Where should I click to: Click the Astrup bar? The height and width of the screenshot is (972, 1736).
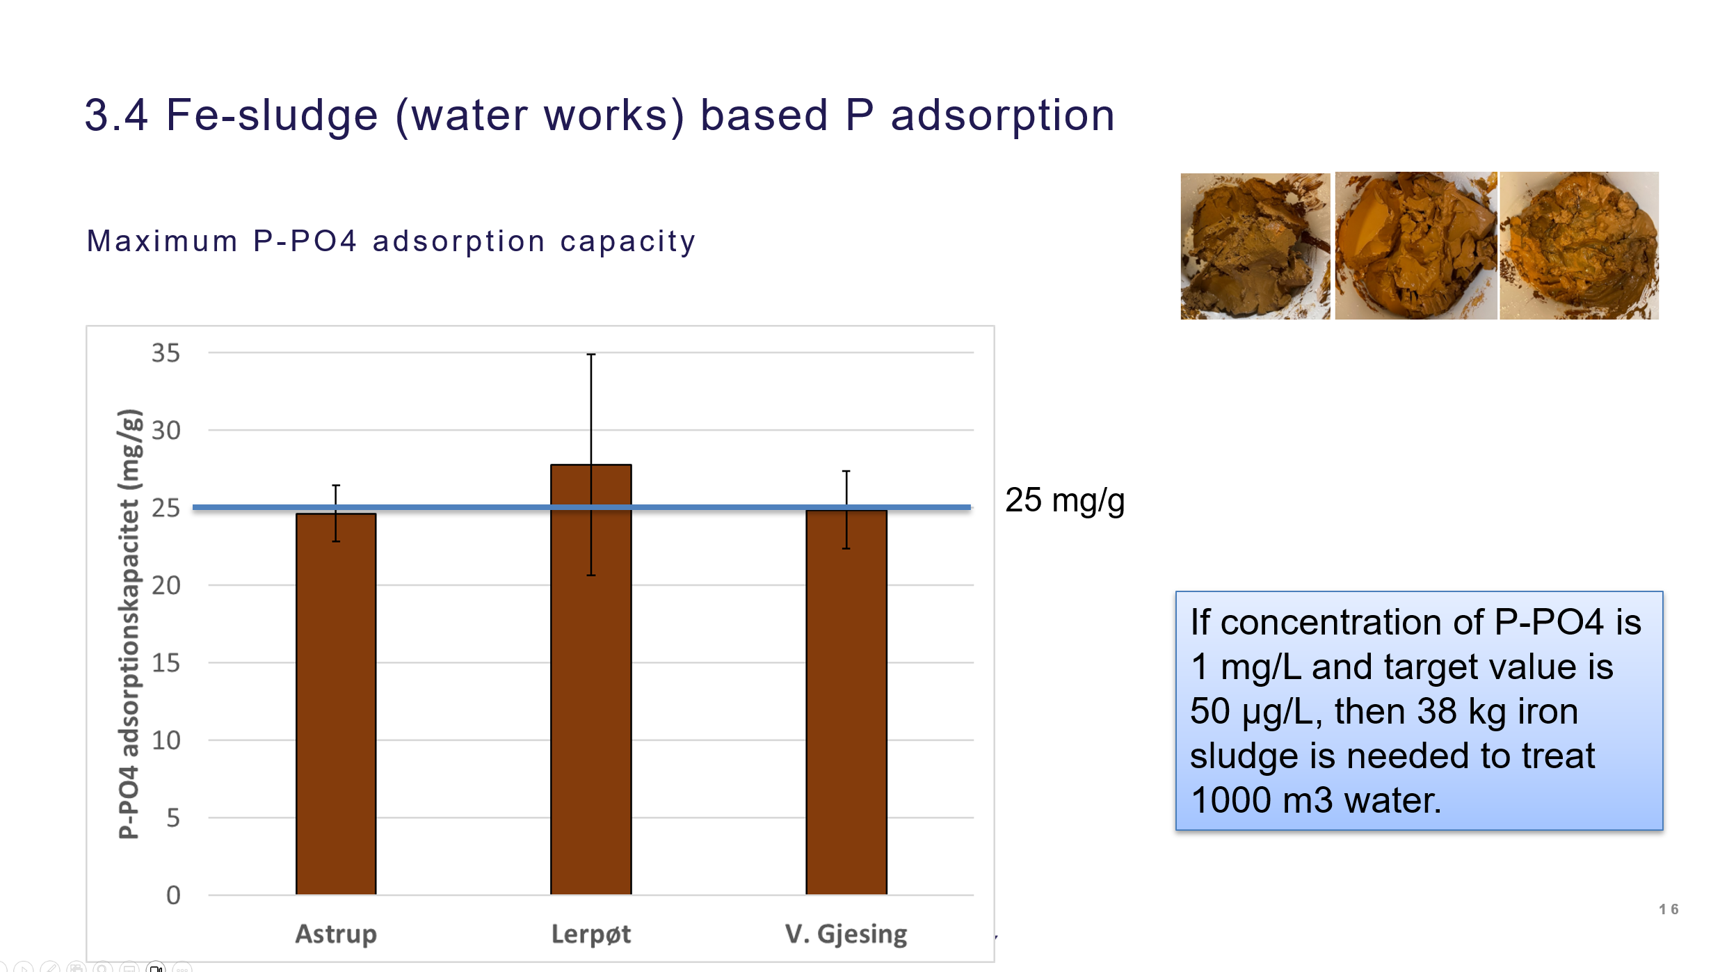(x=336, y=703)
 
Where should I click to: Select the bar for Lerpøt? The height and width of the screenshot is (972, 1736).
(x=591, y=679)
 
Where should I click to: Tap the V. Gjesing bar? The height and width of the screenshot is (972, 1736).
(x=846, y=702)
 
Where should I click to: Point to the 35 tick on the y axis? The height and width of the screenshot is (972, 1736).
(x=166, y=353)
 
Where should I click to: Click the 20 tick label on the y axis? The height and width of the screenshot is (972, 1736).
(x=166, y=586)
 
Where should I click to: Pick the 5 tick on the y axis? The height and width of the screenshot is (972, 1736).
(x=173, y=818)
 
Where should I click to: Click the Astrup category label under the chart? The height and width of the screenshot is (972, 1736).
(x=336, y=934)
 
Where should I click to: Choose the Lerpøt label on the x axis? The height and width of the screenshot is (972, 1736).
(x=591, y=934)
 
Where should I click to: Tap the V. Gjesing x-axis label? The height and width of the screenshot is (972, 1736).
(x=846, y=934)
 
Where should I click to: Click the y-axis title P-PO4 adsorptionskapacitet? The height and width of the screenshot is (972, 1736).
(x=130, y=624)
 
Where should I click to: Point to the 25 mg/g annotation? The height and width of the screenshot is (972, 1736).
(x=1065, y=500)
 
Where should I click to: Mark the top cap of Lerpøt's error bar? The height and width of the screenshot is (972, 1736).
(x=591, y=354)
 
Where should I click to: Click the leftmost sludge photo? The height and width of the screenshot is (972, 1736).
(x=1255, y=246)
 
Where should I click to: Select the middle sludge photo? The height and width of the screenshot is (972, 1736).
(x=1416, y=246)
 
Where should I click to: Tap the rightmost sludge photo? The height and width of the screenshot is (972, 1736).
(x=1579, y=246)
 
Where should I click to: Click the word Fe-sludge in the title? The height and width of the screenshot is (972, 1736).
(x=272, y=115)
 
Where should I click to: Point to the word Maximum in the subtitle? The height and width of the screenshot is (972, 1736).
(x=162, y=241)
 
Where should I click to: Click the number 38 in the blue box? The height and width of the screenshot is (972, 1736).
(x=1437, y=712)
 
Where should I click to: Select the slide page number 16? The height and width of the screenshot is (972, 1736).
(x=1669, y=909)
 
